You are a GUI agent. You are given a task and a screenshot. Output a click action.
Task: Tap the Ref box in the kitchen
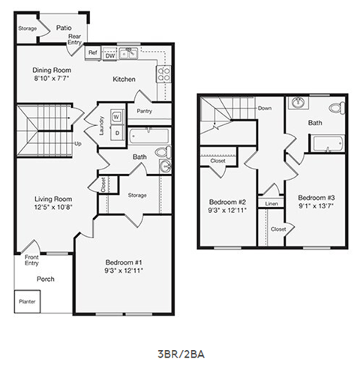(93, 53)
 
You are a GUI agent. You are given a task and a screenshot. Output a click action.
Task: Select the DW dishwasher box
(110, 55)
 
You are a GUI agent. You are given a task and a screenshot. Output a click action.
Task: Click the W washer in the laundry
(115, 116)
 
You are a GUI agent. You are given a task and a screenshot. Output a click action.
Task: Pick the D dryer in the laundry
(115, 133)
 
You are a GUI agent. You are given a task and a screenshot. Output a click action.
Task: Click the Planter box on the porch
(26, 302)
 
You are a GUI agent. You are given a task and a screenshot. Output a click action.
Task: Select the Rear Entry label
(75, 38)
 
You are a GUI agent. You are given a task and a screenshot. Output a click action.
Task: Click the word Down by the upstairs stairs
(264, 108)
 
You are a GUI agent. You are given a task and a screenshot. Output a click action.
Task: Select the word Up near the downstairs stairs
(77, 144)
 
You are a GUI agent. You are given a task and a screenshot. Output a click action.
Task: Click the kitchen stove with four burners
(163, 73)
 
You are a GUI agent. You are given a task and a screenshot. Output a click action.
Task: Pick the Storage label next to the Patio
(27, 28)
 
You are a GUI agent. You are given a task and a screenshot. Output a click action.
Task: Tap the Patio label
(64, 27)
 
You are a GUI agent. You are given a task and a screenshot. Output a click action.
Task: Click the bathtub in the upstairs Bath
(327, 144)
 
